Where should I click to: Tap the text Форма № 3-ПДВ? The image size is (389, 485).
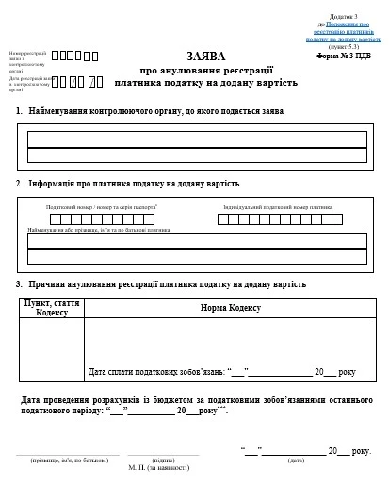pos(349,56)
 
